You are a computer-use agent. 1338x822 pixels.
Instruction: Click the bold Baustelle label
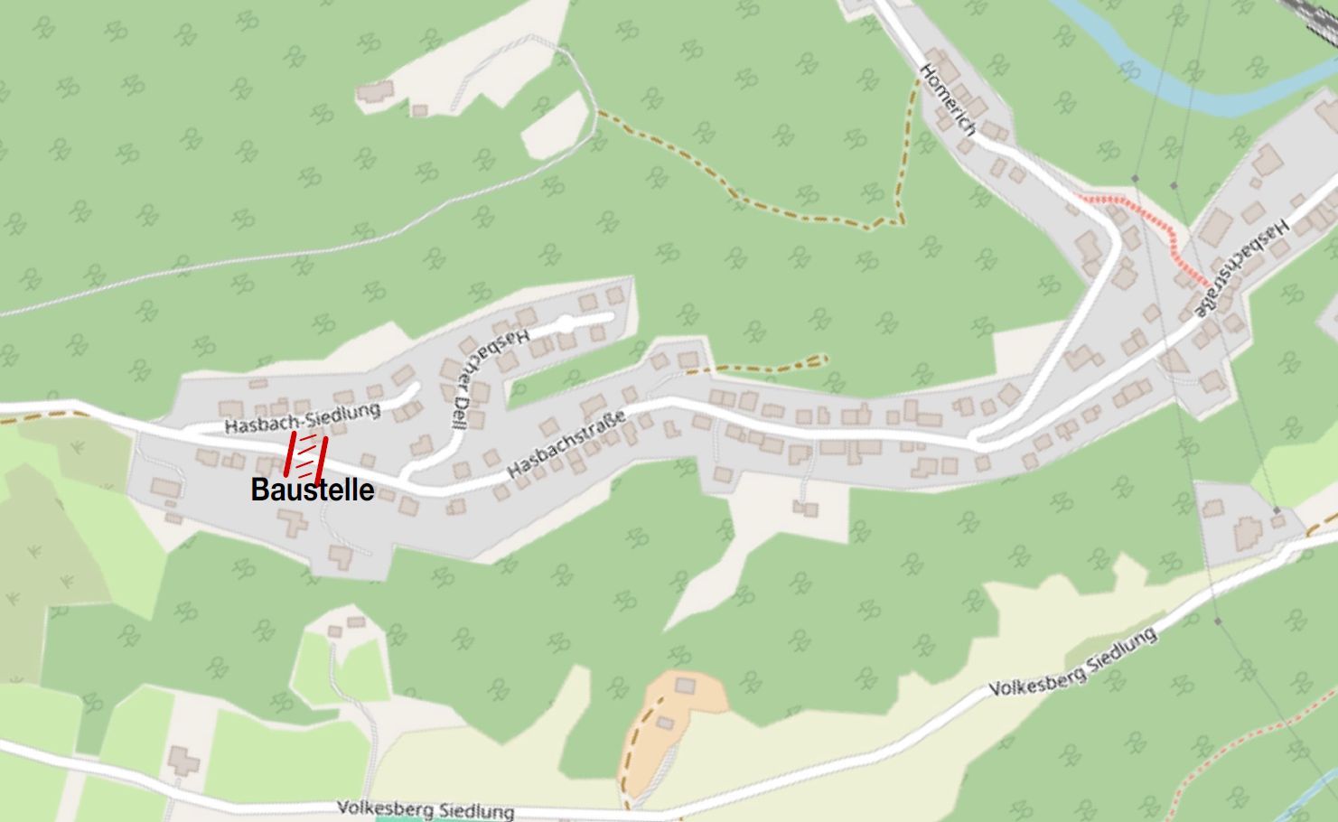312,490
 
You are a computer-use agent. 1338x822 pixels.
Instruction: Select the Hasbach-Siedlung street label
302,418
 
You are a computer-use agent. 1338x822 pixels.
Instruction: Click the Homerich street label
948,98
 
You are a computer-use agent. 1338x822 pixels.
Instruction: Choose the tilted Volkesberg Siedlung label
1072,662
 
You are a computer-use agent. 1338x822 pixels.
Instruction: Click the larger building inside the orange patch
686,686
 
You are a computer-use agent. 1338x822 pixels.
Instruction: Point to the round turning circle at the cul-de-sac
565,322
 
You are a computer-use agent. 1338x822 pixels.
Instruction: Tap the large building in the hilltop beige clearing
375,91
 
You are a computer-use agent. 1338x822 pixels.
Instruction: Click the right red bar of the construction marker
320,460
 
